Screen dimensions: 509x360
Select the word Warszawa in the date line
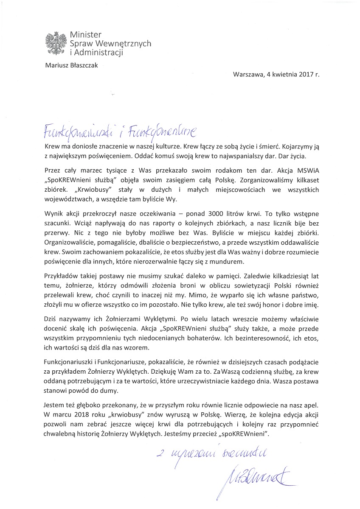point(247,74)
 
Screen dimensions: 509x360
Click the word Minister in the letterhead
point(85,35)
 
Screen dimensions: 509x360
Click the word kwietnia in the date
point(280,74)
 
